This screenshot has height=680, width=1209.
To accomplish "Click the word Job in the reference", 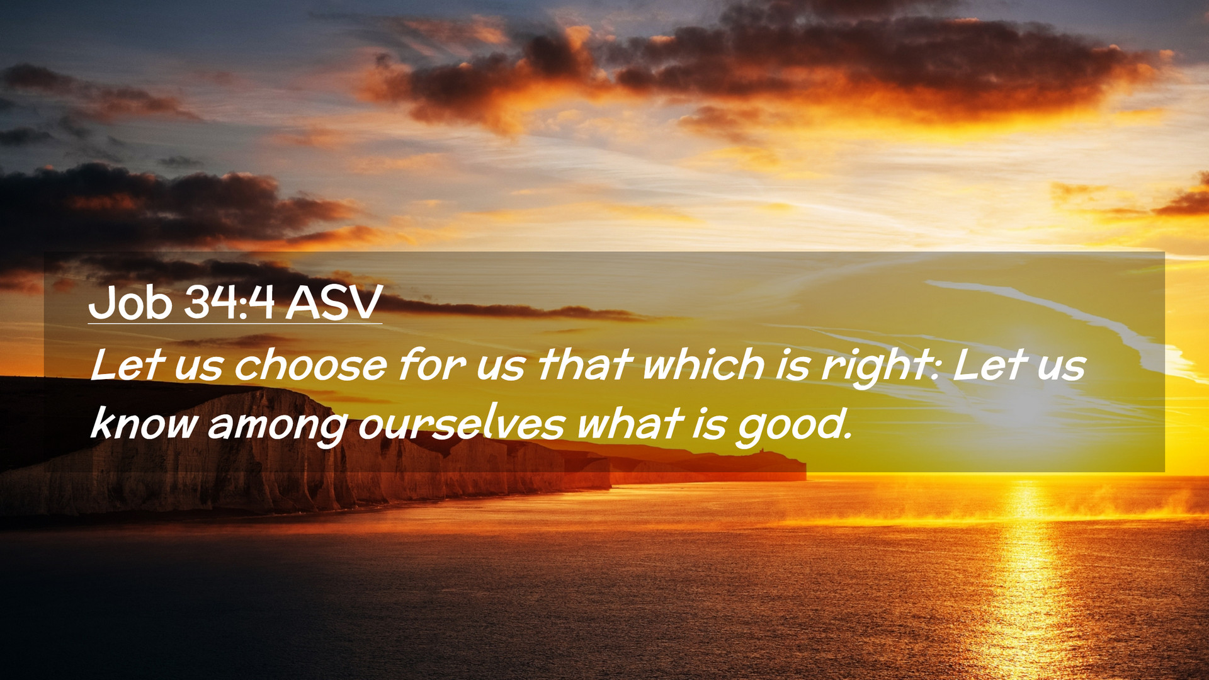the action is pyautogui.click(x=130, y=303).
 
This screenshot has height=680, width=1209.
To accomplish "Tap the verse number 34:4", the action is pyautogui.click(x=229, y=303).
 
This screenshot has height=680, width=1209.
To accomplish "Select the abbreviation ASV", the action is pyautogui.click(x=334, y=303).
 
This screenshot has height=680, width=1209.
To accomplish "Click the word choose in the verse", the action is pyautogui.click(x=310, y=365).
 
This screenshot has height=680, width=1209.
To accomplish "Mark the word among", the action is pyautogui.click(x=278, y=427).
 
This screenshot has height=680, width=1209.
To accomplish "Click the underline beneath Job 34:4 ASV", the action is pyautogui.click(x=235, y=324).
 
